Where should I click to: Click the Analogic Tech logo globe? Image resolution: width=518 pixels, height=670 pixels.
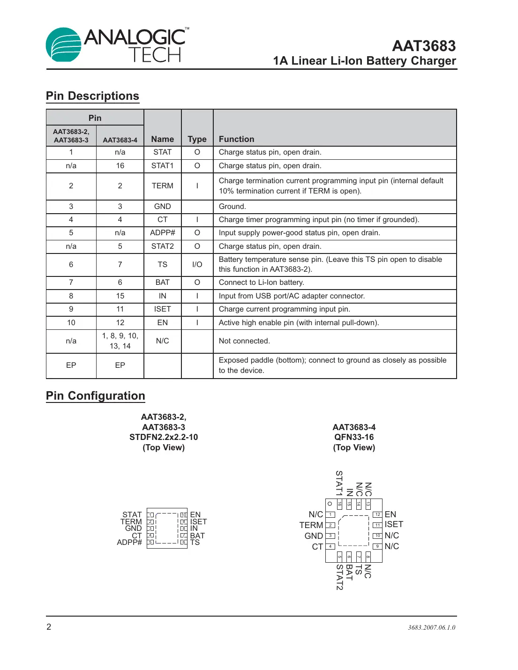63,45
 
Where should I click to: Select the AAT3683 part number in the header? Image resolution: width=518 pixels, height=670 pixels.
423,46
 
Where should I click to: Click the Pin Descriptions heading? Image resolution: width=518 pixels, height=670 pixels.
92,96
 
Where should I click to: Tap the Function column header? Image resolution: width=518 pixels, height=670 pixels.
236,139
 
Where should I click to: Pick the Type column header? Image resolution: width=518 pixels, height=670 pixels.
197,139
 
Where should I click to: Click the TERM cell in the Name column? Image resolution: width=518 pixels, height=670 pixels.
162,186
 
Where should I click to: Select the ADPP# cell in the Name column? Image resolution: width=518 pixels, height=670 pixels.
162,233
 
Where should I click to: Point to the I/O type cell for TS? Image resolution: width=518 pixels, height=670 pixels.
197,265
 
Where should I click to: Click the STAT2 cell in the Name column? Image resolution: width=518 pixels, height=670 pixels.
162,246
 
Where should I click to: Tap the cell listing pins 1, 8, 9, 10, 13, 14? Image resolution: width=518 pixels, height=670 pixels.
120,341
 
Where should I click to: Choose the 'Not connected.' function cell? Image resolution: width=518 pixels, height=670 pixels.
244,341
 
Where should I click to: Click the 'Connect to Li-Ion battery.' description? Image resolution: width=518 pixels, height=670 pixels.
261,283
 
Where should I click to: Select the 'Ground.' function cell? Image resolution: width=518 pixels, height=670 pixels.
232,207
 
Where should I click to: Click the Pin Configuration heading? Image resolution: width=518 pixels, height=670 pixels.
96,396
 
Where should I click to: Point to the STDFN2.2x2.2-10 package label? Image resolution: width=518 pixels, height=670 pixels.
164,437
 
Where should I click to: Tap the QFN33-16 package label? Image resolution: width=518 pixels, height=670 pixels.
354,437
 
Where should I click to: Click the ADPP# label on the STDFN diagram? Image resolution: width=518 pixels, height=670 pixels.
129,543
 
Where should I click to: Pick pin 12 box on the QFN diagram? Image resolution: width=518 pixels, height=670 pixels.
377,514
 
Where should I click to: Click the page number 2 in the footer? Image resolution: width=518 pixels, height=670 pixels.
49,627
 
